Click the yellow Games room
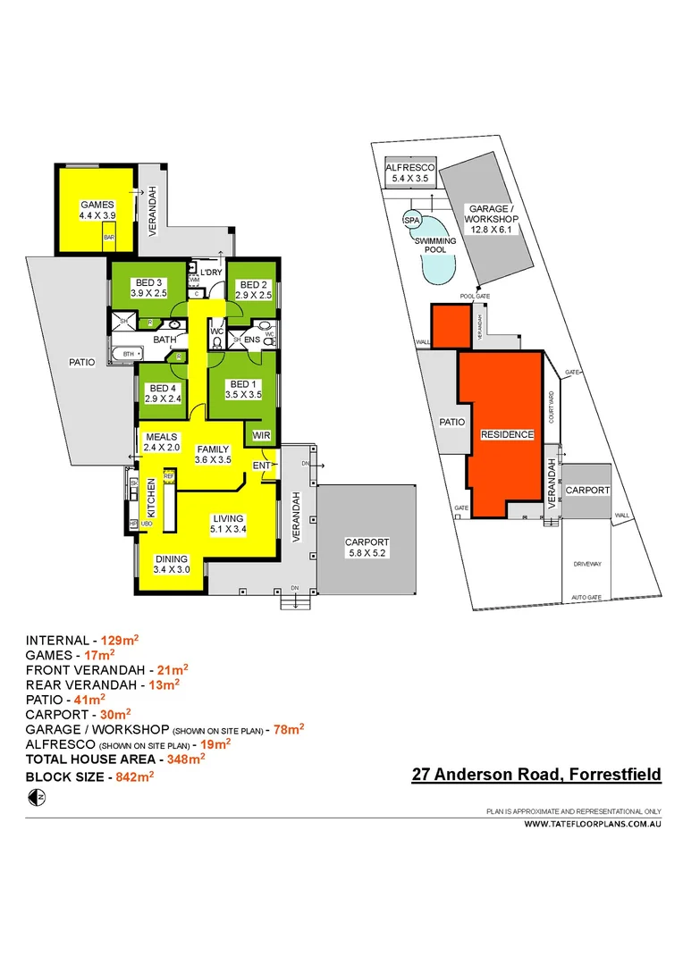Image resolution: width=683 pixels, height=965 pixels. (x=94, y=210)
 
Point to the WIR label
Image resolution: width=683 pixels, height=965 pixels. (x=262, y=434)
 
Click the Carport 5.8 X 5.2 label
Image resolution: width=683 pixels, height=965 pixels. (x=367, y=548)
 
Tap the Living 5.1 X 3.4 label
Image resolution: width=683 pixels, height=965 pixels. (x=228, y=524)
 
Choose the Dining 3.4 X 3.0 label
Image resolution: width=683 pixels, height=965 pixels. (x=171, y=565)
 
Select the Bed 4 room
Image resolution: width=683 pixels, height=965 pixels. (x=164, y=393)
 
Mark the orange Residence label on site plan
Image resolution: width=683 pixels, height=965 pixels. (x=507, y=434)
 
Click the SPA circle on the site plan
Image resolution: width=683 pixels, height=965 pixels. (x=412, y=220)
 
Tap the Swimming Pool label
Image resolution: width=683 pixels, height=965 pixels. (x=435, y=246)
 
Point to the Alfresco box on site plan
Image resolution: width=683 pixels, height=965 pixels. (x=409, y=173)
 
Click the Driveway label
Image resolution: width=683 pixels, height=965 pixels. (x=587, y=565)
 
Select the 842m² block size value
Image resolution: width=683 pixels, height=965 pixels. (x=130, y=777)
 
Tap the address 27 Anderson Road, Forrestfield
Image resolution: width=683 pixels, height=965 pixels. (x=536, y=775)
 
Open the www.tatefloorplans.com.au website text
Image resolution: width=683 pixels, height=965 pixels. (x=592, y=826)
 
